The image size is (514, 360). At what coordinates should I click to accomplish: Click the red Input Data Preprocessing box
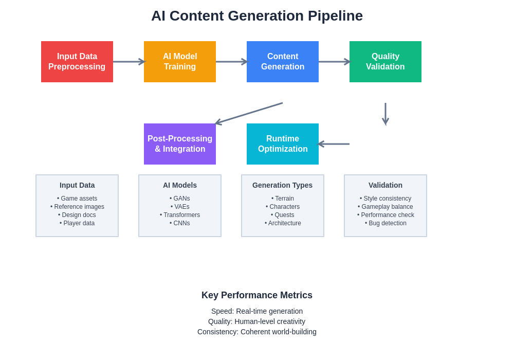[x=77, y=62]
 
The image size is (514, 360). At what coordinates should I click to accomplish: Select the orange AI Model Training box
[x=180, y=62]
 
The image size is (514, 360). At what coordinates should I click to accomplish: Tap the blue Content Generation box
[x=283, y=62]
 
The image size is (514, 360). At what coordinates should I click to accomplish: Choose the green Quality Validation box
[x=385, y=62]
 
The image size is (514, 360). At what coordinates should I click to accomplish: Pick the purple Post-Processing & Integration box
[x=180, y=144]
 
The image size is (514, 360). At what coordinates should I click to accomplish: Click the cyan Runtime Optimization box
[x=283, y=144]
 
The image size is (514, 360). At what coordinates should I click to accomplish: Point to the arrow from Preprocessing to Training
[x=128, y=62]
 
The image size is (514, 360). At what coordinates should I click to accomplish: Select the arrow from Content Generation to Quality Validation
[x=334, y=62]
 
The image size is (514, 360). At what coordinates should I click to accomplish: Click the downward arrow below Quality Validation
[x=385, y=114]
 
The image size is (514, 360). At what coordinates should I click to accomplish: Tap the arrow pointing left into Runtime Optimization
[x=334, y=144]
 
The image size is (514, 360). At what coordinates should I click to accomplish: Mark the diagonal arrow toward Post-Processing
[x=249, y=113]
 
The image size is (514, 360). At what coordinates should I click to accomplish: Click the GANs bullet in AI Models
[x=180, y=199]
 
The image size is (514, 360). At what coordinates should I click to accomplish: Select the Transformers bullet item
[x=180, y=215]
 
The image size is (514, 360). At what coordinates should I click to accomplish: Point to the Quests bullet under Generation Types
[x=283, y=215]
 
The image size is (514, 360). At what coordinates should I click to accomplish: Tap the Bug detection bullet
[x=385, y=223]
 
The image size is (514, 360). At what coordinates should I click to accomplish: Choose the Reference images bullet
[x=77, y=207]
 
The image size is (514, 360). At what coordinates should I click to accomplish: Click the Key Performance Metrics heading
[x=257, y=295]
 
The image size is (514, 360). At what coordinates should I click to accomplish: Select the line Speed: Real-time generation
[x=257, y=311]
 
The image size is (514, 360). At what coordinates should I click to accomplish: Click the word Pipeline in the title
[x=335, y=16]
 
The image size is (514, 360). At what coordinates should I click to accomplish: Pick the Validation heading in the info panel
[x=385, y=185]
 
